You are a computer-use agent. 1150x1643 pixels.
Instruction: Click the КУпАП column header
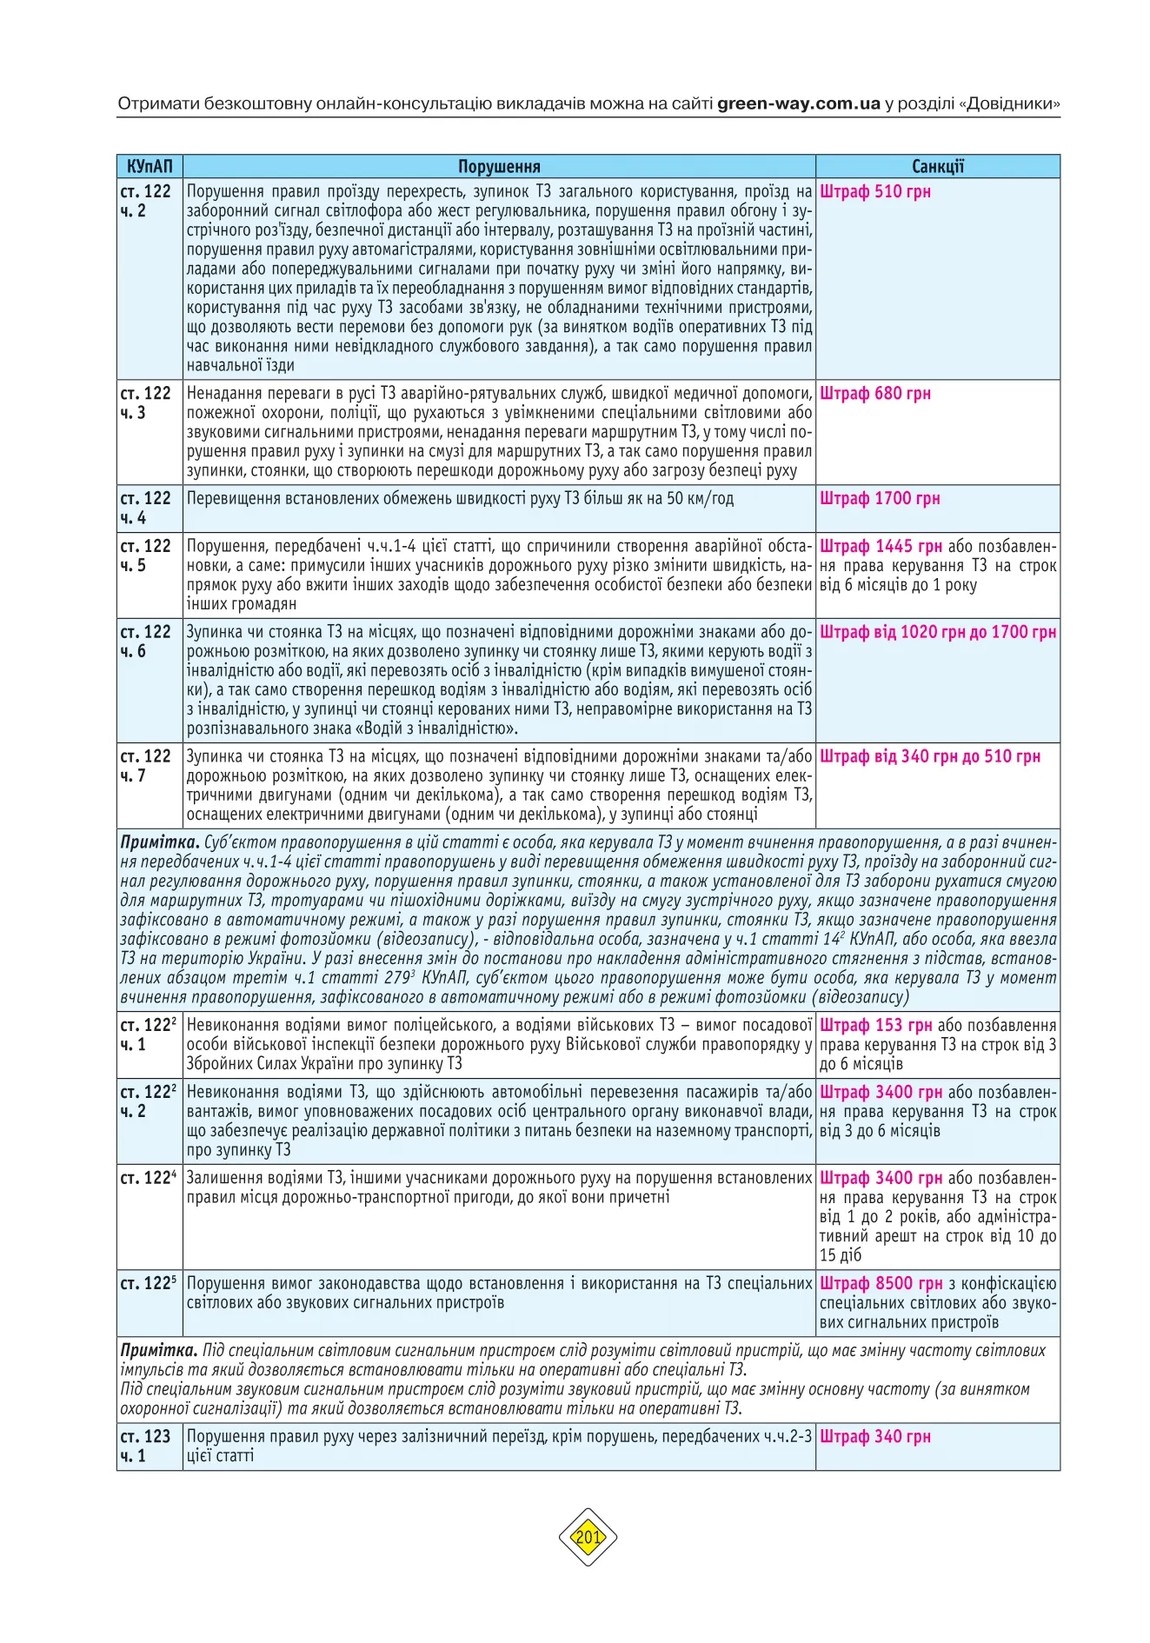click(150, 166)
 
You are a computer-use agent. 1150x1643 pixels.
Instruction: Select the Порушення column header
click(499, 166)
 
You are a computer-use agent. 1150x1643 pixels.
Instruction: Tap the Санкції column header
click(937, 166)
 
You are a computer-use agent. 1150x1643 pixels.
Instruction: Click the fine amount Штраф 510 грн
click(874, 191)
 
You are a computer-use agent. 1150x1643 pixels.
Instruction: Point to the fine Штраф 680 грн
click(874, 393)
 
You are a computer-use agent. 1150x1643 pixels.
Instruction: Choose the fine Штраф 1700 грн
click(879, 498)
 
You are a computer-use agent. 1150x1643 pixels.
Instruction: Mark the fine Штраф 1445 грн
click(881, 546)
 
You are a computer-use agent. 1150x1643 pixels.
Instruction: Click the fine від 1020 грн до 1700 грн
click(938, 632)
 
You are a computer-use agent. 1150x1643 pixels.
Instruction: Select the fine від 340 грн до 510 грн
click(929, 756)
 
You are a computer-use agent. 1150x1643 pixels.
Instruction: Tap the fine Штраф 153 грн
click(875, 1025)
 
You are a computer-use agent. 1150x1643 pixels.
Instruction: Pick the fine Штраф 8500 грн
click(881, 1283)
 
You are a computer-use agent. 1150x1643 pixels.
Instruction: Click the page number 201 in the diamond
click(588, 1537)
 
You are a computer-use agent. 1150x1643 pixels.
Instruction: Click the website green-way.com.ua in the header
click(799, 103)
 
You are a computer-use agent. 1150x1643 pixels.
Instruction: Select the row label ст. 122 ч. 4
click(146, 508)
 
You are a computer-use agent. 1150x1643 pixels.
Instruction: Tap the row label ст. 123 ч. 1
click(146, 1446)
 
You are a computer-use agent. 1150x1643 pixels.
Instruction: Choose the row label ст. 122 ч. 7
click(146, 766)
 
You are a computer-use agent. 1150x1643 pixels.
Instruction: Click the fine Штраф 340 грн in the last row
click(874, 1436)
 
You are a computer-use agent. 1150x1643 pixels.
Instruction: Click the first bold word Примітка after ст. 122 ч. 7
click(160, 842)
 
